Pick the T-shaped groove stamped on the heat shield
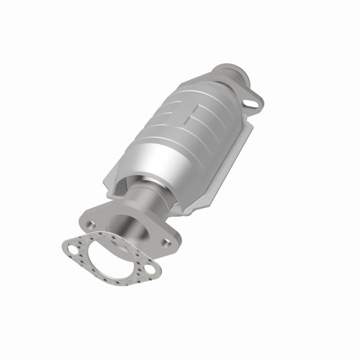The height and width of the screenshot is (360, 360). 200,112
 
